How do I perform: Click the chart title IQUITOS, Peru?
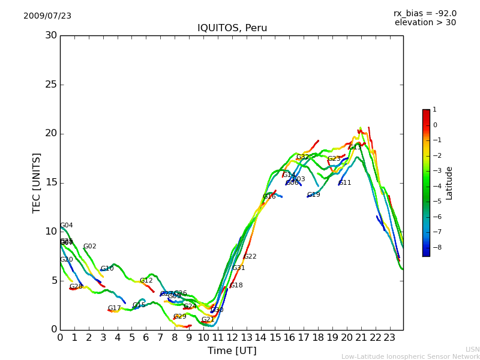click(232, 28)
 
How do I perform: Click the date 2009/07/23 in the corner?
click(47, 16)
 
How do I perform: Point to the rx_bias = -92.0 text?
click(425, 14)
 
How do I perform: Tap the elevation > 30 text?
click(425, 23)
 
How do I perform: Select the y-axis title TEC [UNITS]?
click(37, 182)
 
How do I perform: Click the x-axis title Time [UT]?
click(232, 351)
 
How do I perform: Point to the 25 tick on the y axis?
click(51, 85)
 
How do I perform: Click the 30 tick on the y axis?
click(51, 35)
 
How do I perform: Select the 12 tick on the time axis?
click(232, 337)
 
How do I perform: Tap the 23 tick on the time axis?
click(390, 337)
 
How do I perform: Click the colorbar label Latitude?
click(449, 183)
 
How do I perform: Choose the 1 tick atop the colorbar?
click(435, 110)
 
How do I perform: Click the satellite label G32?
click(302, 157)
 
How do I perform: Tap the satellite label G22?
click(250, 257)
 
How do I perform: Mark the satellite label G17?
click(114, 308)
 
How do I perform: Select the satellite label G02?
click(89, 247)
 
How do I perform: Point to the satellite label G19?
click(313, 195)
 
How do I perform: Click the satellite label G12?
click(146, 281)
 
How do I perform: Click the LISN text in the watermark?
click(472, 349)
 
